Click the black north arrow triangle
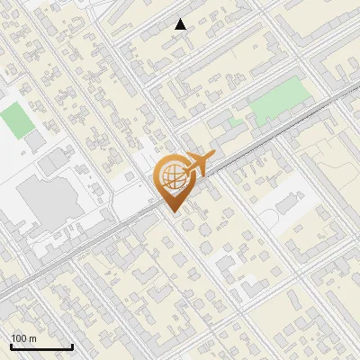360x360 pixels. pos(181,24)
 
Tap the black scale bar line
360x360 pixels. pos(41,347)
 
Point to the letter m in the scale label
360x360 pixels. pos(32,339)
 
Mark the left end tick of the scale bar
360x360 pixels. pos(11,346)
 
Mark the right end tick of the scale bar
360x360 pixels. pos(72,346)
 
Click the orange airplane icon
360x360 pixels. pos(200,165)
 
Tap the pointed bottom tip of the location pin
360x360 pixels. pos(171,212)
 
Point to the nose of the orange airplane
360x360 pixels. pos(213,156)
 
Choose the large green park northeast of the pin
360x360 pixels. pos(278,103)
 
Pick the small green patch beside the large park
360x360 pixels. pos(236,121)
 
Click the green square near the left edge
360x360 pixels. pos(14,121)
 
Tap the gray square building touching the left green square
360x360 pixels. pos(35,142)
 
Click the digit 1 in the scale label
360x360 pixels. pos(14,339)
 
